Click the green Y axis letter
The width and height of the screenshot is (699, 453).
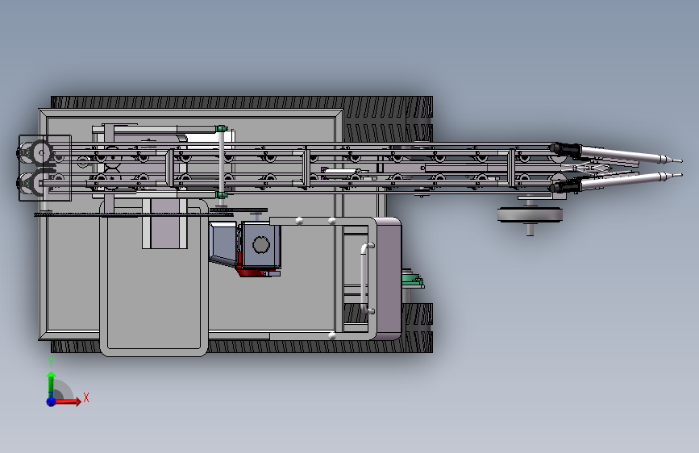[x=51, y=363]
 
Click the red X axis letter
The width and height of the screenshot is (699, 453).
[x=86, y=397]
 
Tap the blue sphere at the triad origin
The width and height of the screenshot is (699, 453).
[x=52, y=401]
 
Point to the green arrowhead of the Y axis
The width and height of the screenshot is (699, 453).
[x=52, y=376]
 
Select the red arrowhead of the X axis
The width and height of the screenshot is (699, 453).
[x=77, y=401]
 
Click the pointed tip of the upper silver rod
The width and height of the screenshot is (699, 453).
[x=681, y=161]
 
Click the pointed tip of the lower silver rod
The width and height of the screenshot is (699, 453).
[x=681, y=175]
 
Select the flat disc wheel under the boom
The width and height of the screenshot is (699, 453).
[x=530, y=215]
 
